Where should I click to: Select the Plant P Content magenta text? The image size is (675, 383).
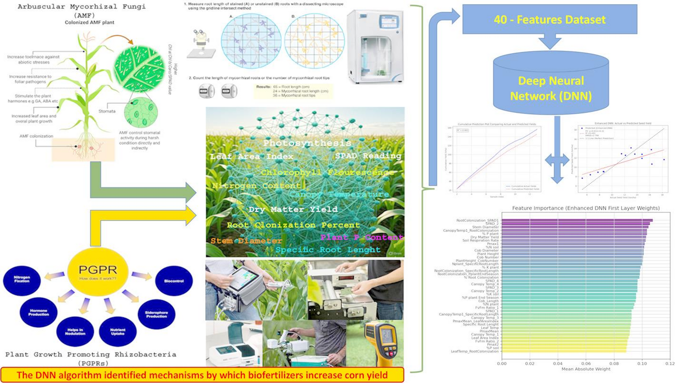pos(362,237)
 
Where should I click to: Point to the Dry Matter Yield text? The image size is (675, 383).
pos(293,209)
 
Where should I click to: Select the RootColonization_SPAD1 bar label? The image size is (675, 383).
pos(477,221)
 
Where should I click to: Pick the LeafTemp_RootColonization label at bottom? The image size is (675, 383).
pos(475,351)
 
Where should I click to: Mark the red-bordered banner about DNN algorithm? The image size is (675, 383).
pos(202,375)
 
